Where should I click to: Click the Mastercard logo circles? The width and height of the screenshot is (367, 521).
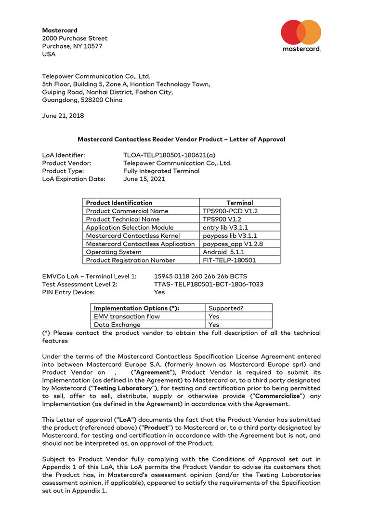(x=301, y=32)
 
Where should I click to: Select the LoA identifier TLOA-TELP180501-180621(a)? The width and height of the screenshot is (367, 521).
(x=170, y=155)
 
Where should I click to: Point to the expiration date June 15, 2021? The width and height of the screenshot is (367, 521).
(x=144, y=179)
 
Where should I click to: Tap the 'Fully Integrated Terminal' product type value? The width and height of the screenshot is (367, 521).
(x=161, y=171)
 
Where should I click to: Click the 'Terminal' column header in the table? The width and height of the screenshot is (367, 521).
(x=239, y=203)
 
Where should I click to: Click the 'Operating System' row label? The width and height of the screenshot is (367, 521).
(x=114, y=252)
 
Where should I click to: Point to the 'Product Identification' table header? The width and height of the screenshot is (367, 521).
(x=119, y=203)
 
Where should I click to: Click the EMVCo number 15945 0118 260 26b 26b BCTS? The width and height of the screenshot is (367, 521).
(x=200, y=276)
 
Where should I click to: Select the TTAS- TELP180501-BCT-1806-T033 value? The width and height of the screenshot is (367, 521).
(x=209, y=284)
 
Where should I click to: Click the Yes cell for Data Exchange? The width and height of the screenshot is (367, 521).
(x=214, y=325)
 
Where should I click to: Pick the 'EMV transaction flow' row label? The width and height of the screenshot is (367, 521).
(x=127, y=316)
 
